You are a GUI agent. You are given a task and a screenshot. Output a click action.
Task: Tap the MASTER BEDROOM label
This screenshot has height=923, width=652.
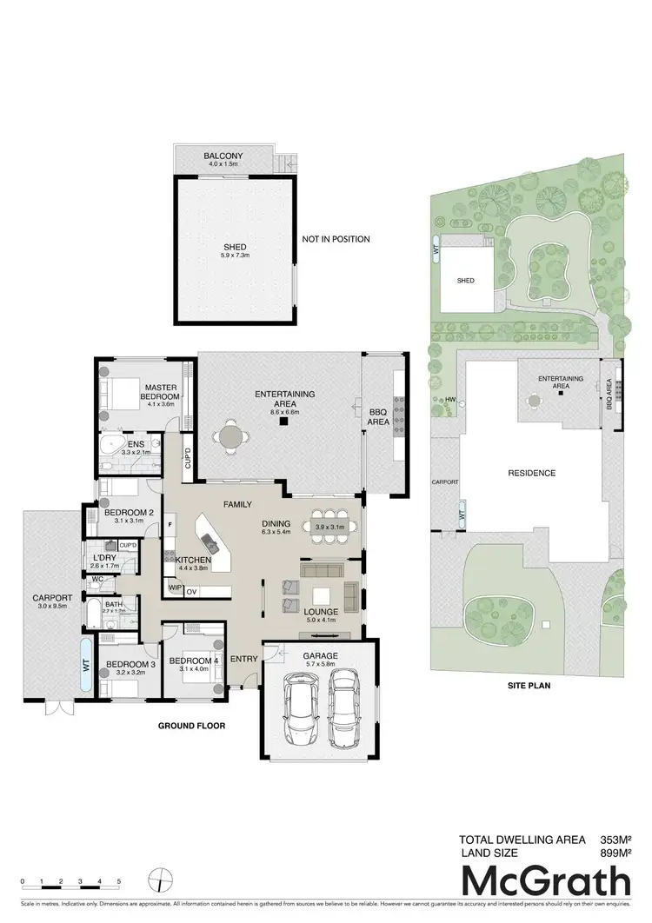click(162, 392)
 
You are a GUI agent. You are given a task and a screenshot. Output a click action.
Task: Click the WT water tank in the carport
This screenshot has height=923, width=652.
click(86, 665)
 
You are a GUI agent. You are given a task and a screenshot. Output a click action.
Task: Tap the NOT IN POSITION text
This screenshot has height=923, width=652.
click(336, 239)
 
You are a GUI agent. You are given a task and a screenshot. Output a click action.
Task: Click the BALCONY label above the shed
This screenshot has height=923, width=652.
click(223, 156)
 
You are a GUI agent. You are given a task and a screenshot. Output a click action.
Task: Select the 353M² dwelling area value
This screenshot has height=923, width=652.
click(615, 840)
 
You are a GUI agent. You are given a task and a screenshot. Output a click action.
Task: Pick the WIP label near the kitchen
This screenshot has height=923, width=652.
click(174, 588)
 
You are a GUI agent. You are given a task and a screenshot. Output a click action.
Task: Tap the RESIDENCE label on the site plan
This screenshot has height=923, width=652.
click(531, 473)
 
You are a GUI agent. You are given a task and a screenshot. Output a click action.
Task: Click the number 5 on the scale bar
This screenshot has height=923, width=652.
click(118, 881)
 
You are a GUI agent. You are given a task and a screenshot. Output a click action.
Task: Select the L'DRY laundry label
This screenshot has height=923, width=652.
click(103, 557)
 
